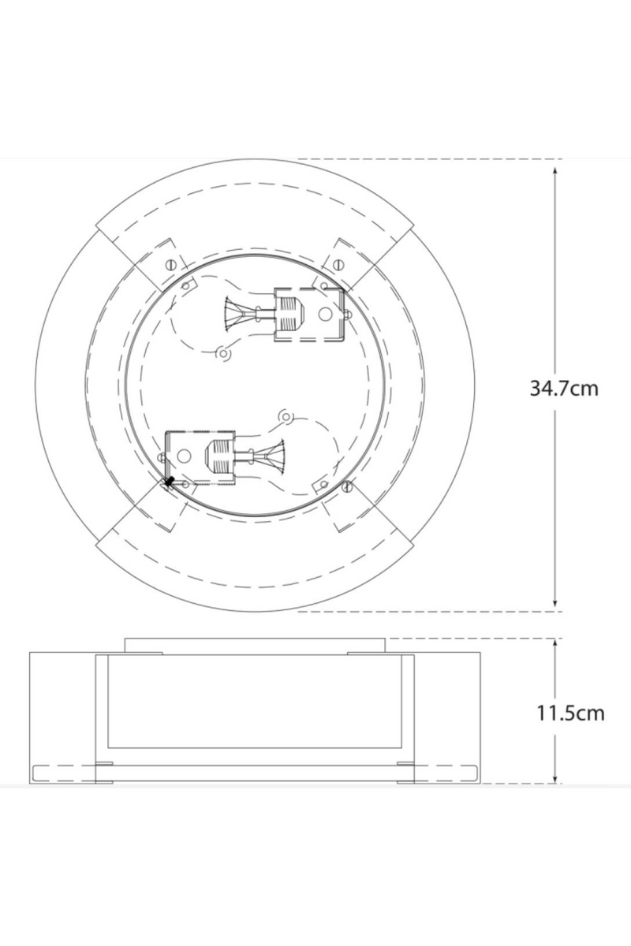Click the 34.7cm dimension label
click(564, 388)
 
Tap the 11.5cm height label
click(570, 713)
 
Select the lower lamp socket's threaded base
click(218, 456)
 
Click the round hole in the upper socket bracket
click(324, 314)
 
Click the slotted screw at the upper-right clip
click(340, 263)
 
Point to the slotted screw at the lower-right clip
click(348, 486)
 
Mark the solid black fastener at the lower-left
click(169, 482)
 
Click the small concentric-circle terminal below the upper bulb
click(223, 354)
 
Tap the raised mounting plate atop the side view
click(255, 646)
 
